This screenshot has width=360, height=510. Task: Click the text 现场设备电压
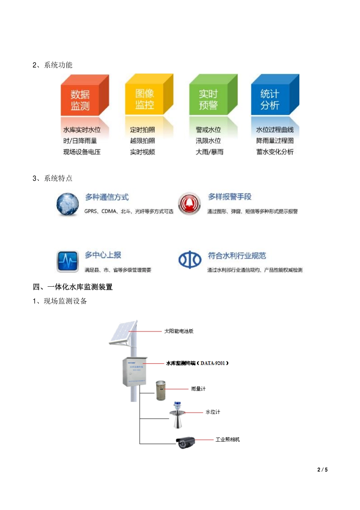tap(82, 152)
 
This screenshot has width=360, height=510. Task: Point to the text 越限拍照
tap(142, 141)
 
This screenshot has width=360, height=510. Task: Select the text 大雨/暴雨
tap(210, 152)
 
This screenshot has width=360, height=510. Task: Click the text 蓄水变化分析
tap(275, 152)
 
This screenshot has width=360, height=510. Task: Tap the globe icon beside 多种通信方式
tap(67, 204)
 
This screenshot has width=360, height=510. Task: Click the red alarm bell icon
tap(189, 204)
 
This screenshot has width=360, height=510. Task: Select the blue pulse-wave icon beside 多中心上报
tap(67, 261)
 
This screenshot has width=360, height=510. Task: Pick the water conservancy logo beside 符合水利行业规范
tap(190, 260)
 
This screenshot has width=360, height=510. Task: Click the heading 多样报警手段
tap(230, 197)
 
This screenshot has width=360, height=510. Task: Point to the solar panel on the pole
tap(123, 332)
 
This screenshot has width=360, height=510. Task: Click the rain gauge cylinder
tap(161, 391)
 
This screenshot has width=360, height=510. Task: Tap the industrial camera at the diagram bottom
tap(186, 442)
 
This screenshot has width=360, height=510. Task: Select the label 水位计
tap(213, 412)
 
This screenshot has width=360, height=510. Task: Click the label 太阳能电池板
tap(179, 331)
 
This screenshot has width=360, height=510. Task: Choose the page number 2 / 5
tap(322, 469)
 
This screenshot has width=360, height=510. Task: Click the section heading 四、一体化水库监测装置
tap(73, 287)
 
